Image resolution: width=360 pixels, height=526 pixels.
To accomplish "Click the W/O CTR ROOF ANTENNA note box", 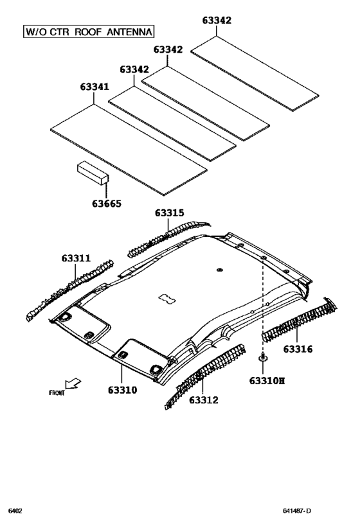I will (89, 31).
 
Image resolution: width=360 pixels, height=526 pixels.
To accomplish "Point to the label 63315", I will (169, 213).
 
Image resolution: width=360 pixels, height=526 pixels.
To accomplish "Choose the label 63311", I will (76, 259).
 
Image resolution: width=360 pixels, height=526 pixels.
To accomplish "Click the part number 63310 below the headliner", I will (122, 389).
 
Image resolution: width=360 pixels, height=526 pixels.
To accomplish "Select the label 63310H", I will (267, 380).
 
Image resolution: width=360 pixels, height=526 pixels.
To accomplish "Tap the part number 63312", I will (204, 400).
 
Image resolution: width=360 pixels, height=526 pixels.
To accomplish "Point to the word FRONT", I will (57, 393).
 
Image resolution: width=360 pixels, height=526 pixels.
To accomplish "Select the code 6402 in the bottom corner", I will (15, 511).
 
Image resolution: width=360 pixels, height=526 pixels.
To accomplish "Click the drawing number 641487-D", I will (297, 511).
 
